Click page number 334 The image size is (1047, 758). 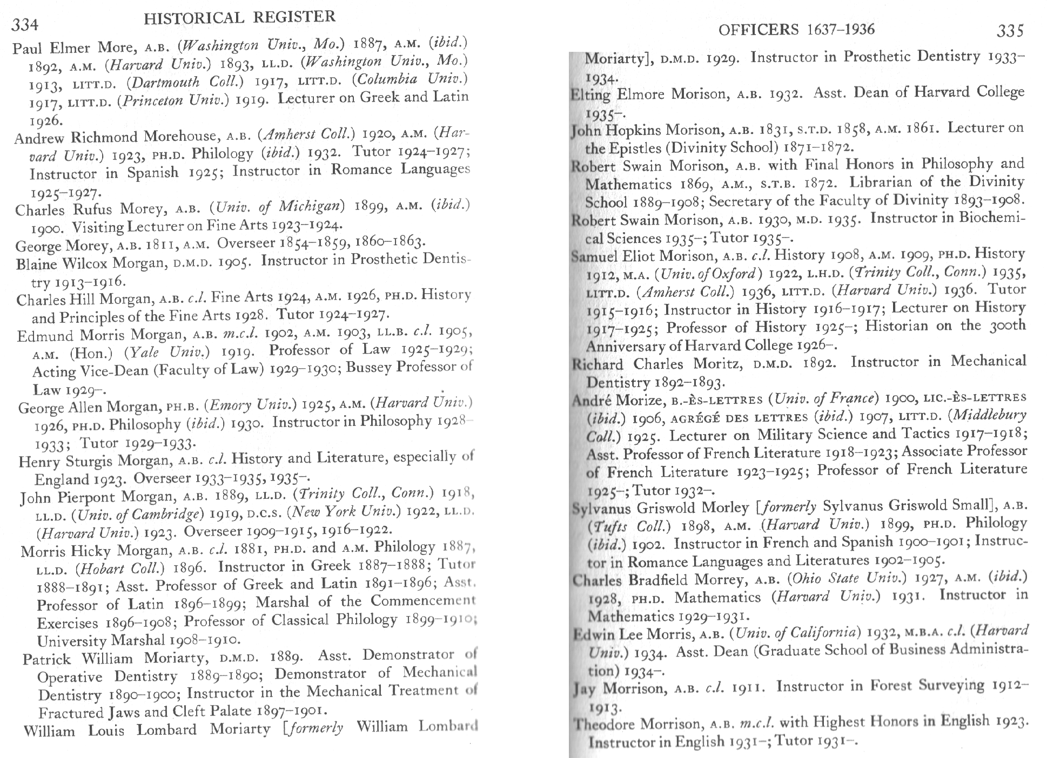[25, 25]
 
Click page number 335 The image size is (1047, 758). [1010, 30]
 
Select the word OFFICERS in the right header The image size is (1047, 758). [759, 30]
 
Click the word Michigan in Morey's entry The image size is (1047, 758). [311, 207]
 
